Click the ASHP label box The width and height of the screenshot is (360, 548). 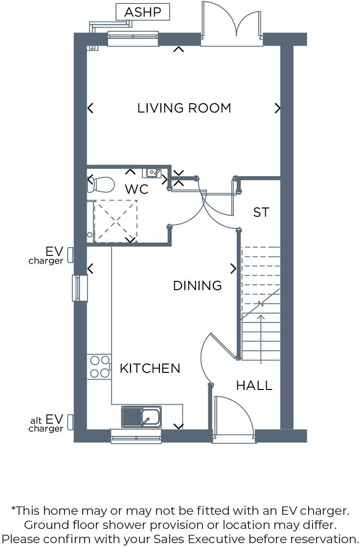click(143, 12)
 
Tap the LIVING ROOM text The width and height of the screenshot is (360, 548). click(184, 108)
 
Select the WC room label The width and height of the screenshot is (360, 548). click(136, 189)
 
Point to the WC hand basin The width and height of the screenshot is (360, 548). click(152, 172)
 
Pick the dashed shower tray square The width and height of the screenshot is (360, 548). click(115, 221)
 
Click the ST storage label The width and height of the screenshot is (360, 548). click(261, 212)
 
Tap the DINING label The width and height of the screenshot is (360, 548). click(197, 286)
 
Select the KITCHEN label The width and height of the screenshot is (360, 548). click(150, 368)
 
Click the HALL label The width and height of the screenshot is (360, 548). click(254, 386)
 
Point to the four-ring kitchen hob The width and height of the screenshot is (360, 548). click(99, 367)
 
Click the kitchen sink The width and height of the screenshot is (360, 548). click(141, 417)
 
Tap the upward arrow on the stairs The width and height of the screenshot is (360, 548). click(261, 338)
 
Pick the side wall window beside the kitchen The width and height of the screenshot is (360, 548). click(79, 288)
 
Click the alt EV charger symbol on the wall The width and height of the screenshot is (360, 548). click(70, 422)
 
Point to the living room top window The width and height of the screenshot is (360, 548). click(133, 39)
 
